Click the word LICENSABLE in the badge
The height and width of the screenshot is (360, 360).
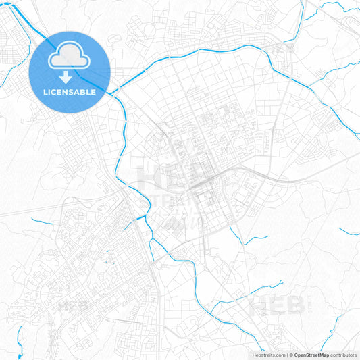point(70,92)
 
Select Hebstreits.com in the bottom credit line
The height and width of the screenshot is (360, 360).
point(265,355)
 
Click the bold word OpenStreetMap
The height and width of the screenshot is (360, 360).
point(312,355)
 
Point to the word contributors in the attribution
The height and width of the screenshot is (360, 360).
point(343,355)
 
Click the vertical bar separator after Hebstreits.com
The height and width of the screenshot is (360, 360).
point(286,355)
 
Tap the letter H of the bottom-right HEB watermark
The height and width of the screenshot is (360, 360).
point(259,306)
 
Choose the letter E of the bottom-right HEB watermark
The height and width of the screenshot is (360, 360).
point(276,306)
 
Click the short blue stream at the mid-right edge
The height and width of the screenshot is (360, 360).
point(349,232)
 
